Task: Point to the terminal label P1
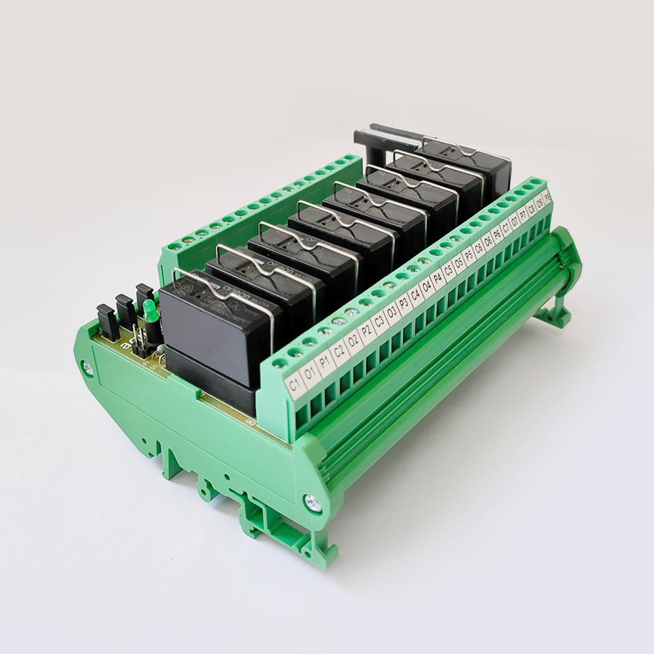click(325, 363)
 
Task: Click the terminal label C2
click(340, 353)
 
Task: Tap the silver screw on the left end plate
click(88, 368)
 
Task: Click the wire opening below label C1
click(301, 417)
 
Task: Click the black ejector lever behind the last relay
click(392, 133)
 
